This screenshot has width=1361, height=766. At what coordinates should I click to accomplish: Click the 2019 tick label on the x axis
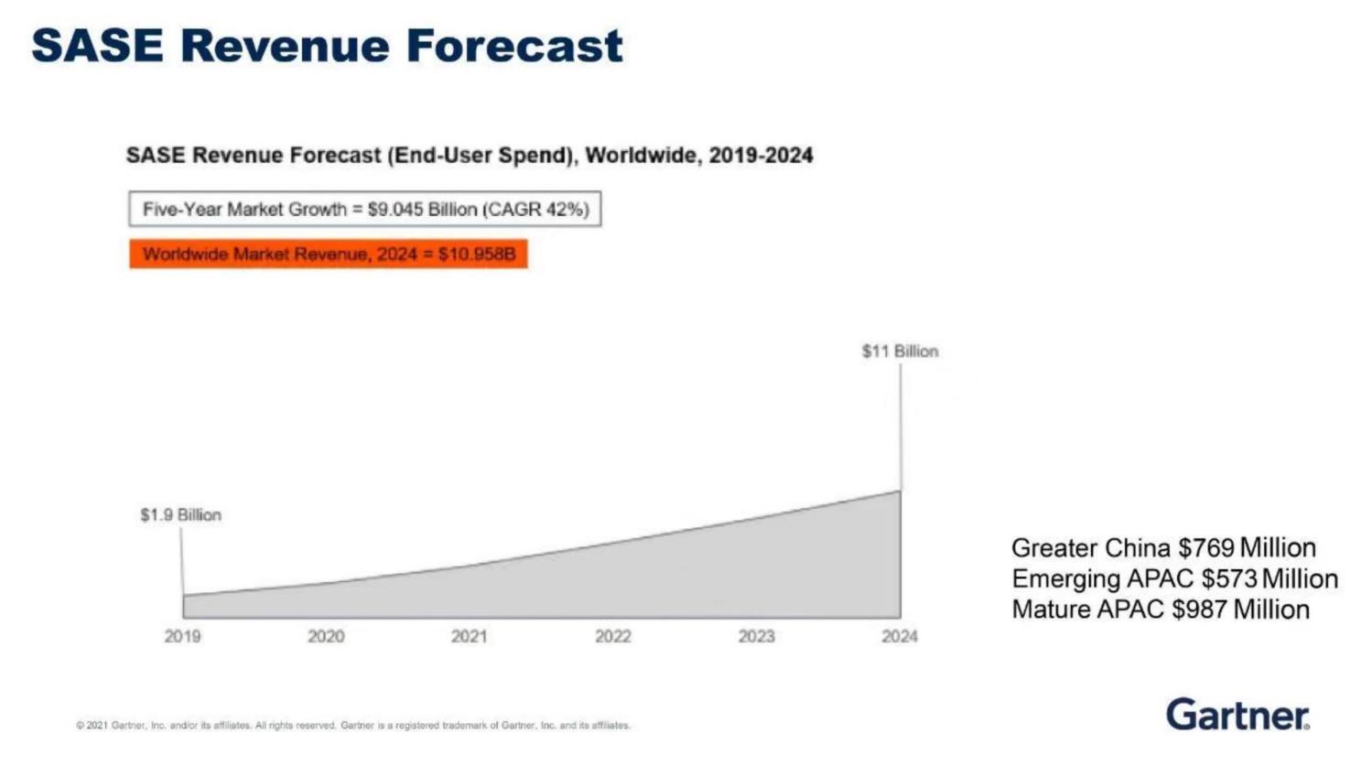point(182,636)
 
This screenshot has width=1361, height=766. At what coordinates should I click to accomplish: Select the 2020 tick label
point(326,636)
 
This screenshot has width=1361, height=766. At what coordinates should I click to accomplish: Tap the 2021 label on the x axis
point(469,636)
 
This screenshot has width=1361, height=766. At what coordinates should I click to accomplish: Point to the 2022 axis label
point(612,636)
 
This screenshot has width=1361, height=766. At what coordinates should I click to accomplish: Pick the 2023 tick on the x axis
point(756,636)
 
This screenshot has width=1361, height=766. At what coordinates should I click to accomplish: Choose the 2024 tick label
point(899,636)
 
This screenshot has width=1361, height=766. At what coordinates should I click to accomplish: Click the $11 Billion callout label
point(900,351)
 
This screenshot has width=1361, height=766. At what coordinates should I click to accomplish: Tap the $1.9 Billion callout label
point(180,515)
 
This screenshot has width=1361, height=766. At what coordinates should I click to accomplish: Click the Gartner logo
point(1237,714)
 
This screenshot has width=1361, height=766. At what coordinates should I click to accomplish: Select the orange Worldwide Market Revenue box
point(329,254)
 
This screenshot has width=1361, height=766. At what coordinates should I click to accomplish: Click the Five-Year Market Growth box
point(364,210)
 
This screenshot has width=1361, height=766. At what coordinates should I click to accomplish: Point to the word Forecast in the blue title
point(514,46)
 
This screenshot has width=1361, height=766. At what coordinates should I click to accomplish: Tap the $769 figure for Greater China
point(1205,548)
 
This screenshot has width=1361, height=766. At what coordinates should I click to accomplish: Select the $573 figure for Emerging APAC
point(1229,579)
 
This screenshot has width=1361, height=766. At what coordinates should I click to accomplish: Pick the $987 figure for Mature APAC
point(1199,610)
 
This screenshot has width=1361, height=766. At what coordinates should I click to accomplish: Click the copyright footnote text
point(353,726)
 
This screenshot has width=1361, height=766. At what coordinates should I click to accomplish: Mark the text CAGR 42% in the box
point(537,210)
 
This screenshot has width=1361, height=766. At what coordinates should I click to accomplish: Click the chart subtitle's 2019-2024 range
point(761,156)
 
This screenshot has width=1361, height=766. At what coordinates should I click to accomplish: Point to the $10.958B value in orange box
point(477,254)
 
